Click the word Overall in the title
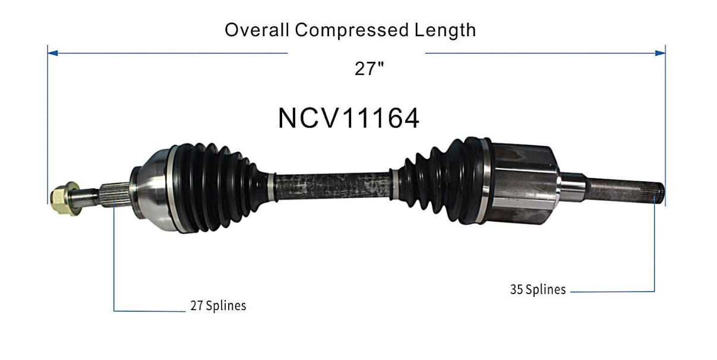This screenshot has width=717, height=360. click(x=257, y=30)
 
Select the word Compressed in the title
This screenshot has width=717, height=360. click(x=352, y=30)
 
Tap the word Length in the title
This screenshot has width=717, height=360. click(x=446, y=30)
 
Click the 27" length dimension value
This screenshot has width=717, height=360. click(x=369, y=68)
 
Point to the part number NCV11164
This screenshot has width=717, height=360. click(x=349, y=118)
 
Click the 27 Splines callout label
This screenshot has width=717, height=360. click(x=218, y=305)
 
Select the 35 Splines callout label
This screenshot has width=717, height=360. click(x=538, y=289)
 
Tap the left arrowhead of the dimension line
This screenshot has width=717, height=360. click(x=53, y=53)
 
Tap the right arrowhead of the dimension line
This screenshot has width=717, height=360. click(x=660, y=53)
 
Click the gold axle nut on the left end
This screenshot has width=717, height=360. click(x=65, y=198)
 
